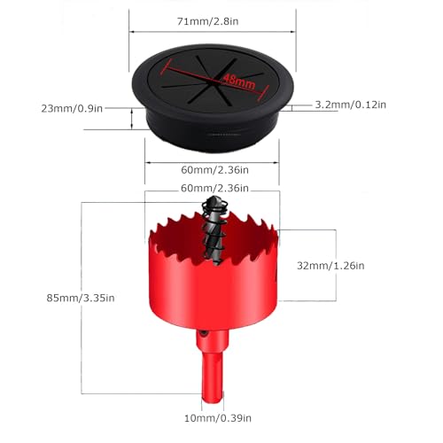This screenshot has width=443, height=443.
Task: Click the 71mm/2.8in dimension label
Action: tap(207, 21)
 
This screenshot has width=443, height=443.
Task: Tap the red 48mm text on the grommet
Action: tap(238, 82)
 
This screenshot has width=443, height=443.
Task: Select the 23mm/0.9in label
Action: tap(72, 109)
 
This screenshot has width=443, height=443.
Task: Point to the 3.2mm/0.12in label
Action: tap(351, 105)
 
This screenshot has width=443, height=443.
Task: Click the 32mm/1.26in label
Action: tap(330, 266)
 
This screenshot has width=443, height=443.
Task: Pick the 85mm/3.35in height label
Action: tap(81, 298)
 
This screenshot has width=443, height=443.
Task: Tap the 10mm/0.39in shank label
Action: tap(218, 418)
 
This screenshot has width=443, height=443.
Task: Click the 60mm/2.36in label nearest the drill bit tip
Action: tap(214, 188)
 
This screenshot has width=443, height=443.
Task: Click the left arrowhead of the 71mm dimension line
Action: tap(132, 32)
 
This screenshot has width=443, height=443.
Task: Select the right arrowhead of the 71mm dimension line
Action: tap(293, 32)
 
